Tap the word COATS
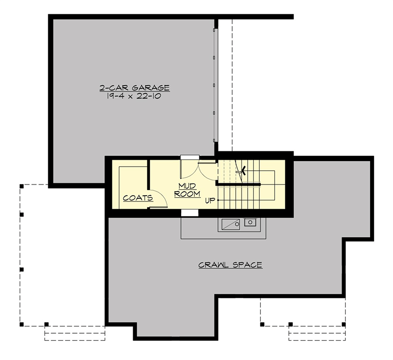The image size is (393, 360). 138,198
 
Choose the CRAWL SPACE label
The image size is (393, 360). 230,265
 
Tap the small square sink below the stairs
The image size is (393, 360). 250,223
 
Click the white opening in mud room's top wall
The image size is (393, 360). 189,157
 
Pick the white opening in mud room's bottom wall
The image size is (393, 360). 190,213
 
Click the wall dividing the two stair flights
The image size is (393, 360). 238,185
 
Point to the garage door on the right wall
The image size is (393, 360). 215,86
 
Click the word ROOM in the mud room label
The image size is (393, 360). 187,194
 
